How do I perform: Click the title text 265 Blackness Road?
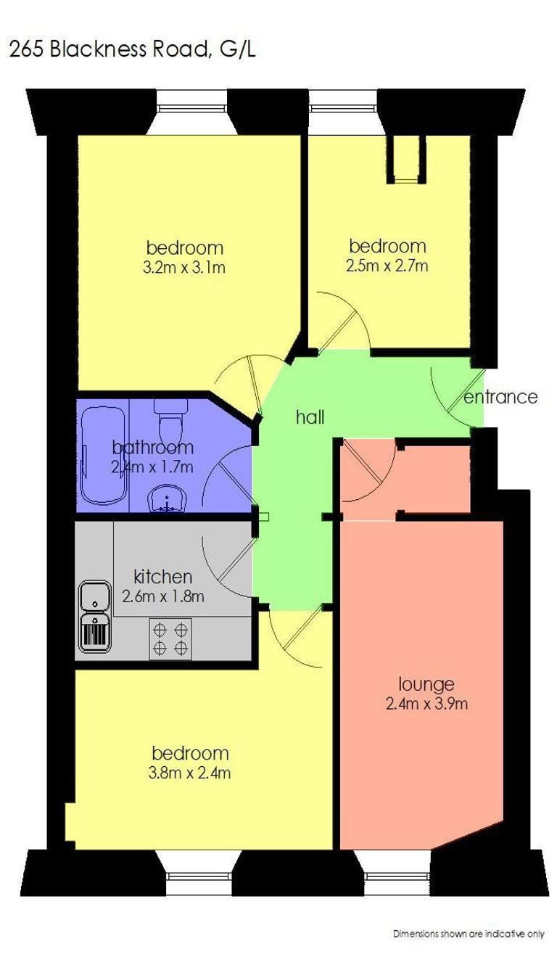click(107, 49)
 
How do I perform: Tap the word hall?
click(310, 417)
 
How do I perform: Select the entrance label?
click(500, 397)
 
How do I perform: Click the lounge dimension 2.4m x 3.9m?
click(427, 703)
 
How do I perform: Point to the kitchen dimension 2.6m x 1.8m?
click(163, 596)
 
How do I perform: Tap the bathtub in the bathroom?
click(103, 456)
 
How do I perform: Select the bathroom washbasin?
click(168, 498)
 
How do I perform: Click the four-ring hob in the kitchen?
click(170, 638)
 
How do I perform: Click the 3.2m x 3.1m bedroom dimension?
click(184, 267)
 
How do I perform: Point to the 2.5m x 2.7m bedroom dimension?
click(387, 266)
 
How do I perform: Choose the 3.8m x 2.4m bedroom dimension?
click(189, 773)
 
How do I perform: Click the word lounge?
click(426, 683)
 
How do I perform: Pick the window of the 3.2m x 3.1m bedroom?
click(191, 109)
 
